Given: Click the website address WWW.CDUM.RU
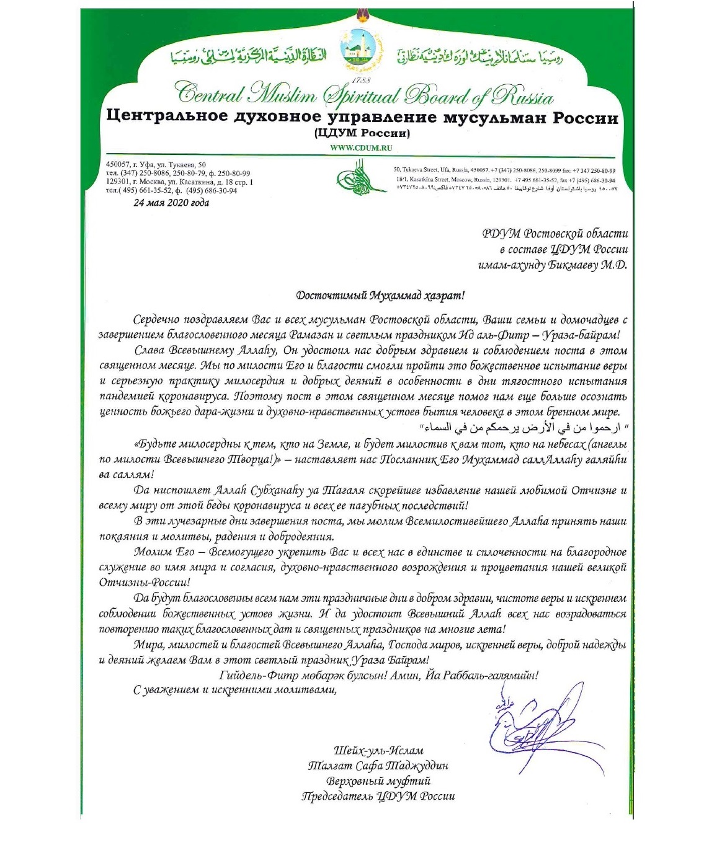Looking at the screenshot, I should click(361, 148).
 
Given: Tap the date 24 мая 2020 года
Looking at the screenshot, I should click(171, 203).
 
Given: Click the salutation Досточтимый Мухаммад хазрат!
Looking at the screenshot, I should click(380, 296).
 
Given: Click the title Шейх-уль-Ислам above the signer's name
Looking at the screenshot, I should click(378, 751).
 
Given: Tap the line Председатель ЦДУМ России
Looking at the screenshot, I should click(378, 796).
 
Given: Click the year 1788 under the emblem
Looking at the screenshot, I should click(361, 81).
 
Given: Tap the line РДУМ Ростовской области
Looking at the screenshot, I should click(555, 234).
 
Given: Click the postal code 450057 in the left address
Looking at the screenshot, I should click(118, 164).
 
